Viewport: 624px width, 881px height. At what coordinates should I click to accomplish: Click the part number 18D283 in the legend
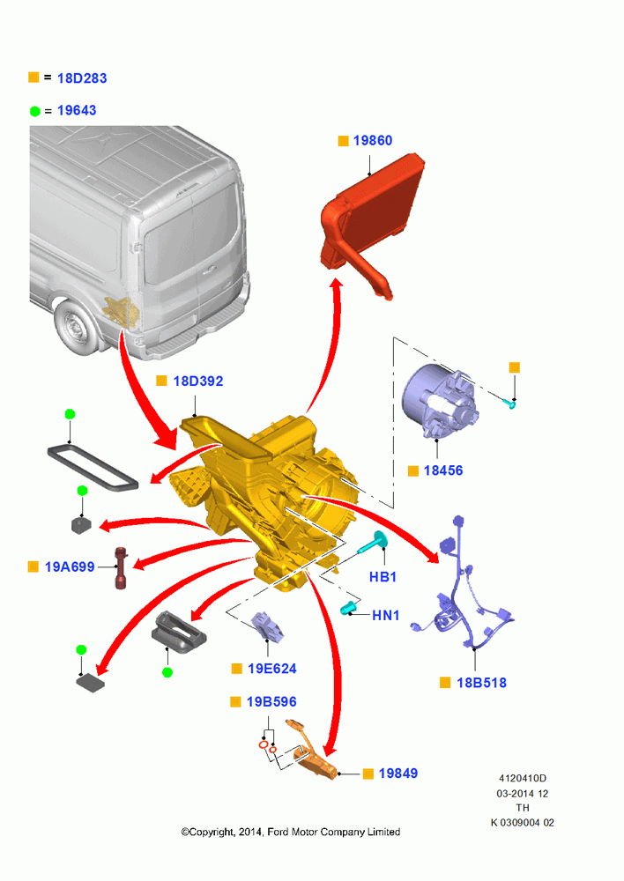coord(82,78)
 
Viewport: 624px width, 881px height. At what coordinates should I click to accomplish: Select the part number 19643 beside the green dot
coord(77,110)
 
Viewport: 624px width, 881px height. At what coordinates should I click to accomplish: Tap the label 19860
coord(373,140)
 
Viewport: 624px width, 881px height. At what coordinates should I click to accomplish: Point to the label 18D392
coord(198,381)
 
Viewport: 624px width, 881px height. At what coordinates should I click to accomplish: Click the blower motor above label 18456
coord(440,401)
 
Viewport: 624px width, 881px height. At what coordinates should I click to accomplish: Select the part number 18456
coord(443,470)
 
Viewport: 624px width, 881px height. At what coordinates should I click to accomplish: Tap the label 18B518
coord(481,683)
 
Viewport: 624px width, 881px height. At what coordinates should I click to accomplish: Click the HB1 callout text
coord(383,576)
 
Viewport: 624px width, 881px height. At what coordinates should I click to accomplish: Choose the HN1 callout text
coord(386,615)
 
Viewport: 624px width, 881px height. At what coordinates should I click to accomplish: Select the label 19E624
coord(272,669)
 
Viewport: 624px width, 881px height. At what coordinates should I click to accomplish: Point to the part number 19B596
coord(271,702)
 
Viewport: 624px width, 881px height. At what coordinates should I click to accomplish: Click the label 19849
coord(398,774)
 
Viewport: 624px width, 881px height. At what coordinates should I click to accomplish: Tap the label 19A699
coord(70,566)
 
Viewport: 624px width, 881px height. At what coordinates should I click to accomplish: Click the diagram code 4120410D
coord(523,778)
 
